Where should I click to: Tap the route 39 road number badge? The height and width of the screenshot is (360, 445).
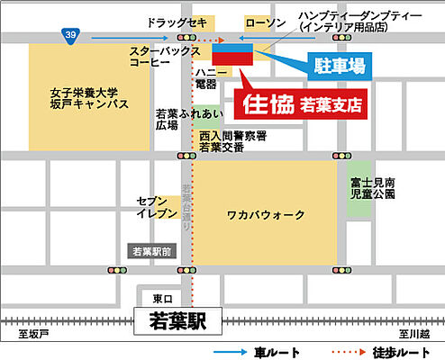click(70, 34)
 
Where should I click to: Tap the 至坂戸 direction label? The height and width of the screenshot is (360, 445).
click(30, 334)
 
